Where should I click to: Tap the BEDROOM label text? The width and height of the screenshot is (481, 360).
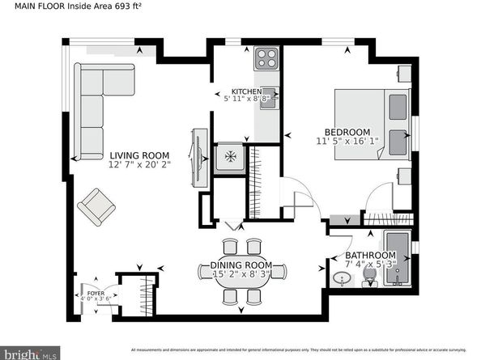tap(347, 132)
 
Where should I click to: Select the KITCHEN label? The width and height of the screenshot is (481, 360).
tap(246, 91)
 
